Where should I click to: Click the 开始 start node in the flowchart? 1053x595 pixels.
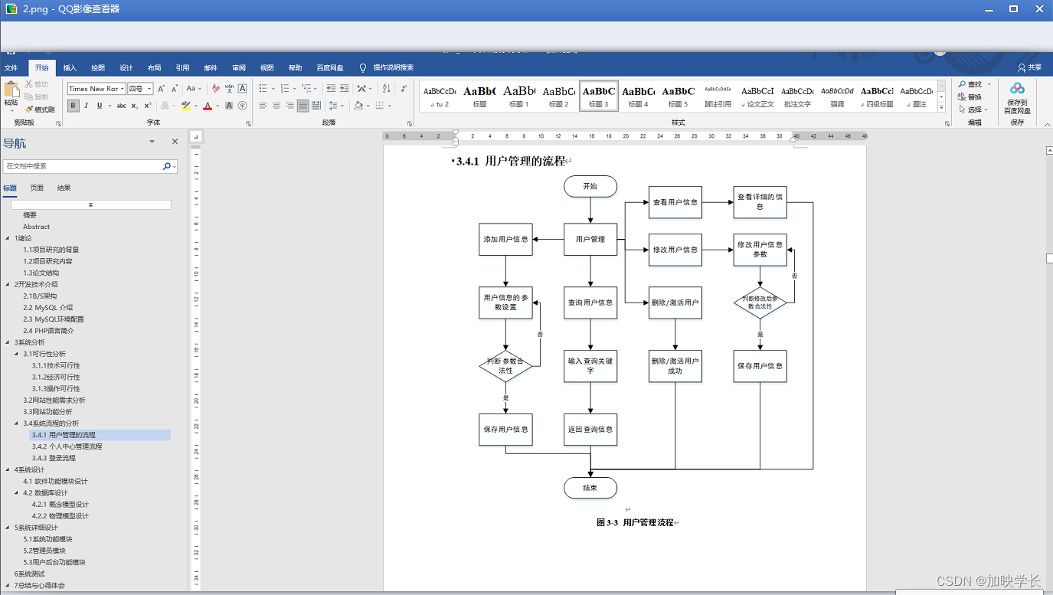click(x=590, y=186)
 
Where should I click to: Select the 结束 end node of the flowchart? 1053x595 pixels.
click(x=590, y=488)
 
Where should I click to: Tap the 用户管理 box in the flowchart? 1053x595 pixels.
click(x=590, y=239)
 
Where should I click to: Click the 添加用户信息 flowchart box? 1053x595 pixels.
click(x=505, y=239)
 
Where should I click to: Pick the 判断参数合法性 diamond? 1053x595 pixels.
click(x=505, y=366)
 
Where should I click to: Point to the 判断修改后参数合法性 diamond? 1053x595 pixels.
click(x=760, y=302)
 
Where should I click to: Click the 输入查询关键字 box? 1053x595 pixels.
click(x=590, y=366)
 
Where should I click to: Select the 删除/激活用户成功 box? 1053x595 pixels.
click(x=675, y=366)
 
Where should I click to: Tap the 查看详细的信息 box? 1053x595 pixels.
click(x=760, y=201)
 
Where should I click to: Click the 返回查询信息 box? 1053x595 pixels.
click(x=590, y=430)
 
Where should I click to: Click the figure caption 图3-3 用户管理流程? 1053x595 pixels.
click(x=635, y=522)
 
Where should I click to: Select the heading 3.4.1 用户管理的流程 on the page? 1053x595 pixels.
click(x=510, y=162)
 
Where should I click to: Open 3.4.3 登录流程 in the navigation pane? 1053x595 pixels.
click(x=54, y=458)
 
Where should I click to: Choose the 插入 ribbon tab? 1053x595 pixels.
click(x=70, y=67)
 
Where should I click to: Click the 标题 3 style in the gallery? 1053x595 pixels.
click(x=598, y=95)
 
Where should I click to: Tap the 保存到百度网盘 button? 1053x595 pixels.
click(x=1017, y=98)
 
